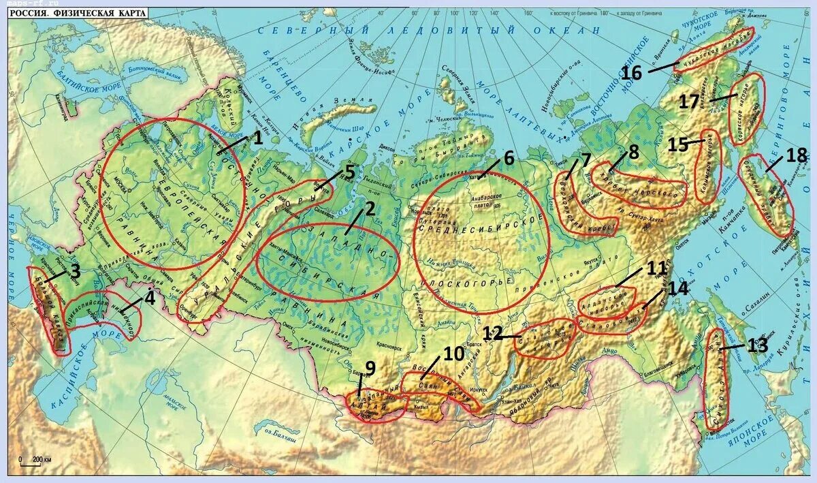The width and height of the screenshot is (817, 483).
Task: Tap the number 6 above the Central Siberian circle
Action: [x=508, y=158]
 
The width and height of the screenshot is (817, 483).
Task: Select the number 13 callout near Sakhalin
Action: [x=757, y=345]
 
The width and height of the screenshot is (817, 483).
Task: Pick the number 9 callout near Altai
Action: [x=370, y=369]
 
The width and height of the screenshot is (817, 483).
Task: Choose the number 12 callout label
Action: [x=493, y=333]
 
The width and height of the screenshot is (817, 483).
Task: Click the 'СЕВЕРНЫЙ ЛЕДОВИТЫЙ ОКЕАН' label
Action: [x=428, y=31]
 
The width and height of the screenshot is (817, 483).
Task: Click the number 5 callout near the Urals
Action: [x=349, y=171]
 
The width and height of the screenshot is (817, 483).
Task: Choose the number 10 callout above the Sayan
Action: [x=453, y=354]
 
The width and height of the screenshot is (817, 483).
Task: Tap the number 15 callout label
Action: [x=678, y=144]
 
